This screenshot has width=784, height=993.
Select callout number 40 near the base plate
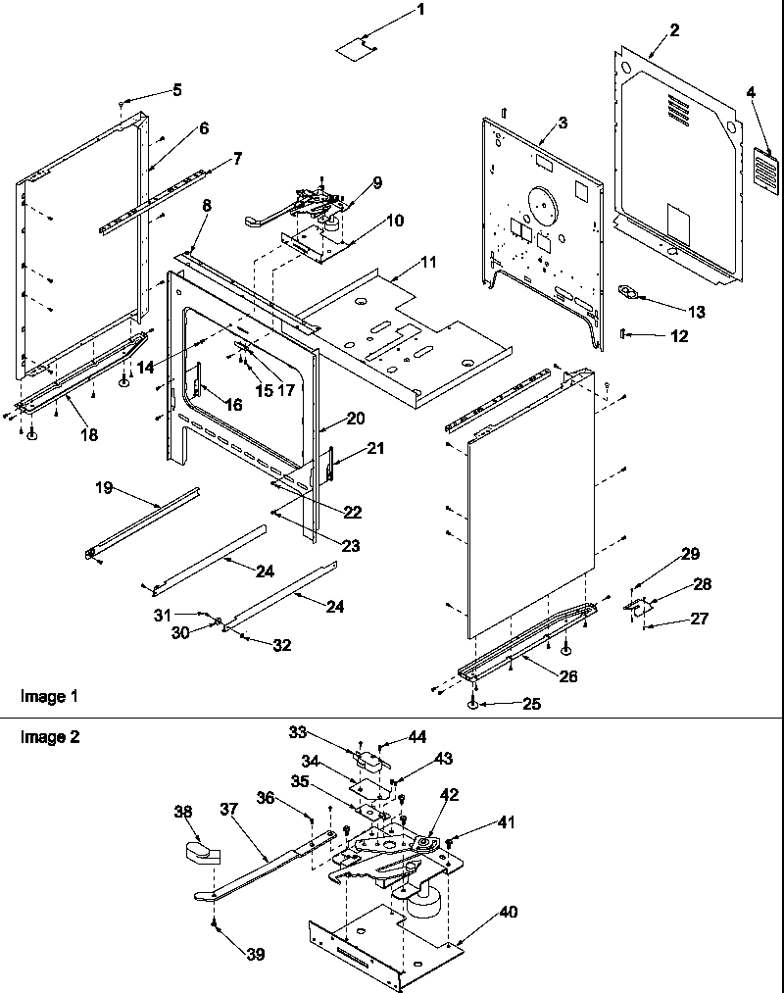[508, 912]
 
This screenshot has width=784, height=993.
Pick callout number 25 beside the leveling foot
[531, 703]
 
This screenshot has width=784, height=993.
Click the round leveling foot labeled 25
[473, 705]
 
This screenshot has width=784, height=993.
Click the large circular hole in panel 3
[541, 209]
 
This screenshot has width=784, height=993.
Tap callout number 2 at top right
[674, 30]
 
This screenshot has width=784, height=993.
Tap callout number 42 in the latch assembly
[449, 795]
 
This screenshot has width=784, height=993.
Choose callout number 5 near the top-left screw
[176, 90]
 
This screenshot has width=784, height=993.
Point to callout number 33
[298, 731]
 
